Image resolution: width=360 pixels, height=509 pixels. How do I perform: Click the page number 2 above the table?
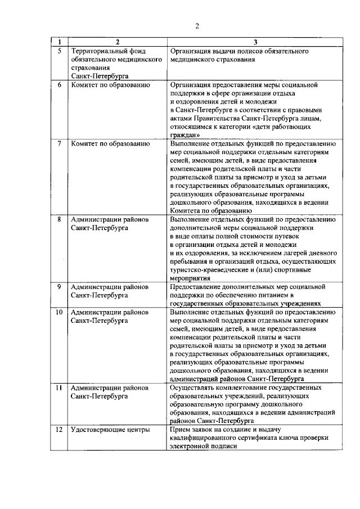[x=197, y=26]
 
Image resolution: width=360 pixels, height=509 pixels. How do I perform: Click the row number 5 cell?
[x=59, y=51]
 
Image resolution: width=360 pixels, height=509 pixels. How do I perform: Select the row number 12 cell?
[x=59, y=430]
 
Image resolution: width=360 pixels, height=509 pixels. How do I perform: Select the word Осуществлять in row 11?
[x=191, y=388]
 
